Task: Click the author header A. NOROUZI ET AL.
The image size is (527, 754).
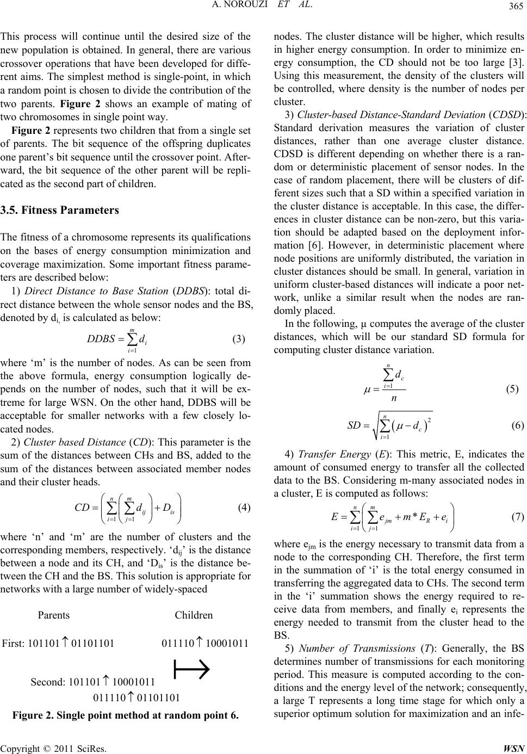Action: point(263,7)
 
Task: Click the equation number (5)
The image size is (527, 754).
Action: point(512,389)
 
